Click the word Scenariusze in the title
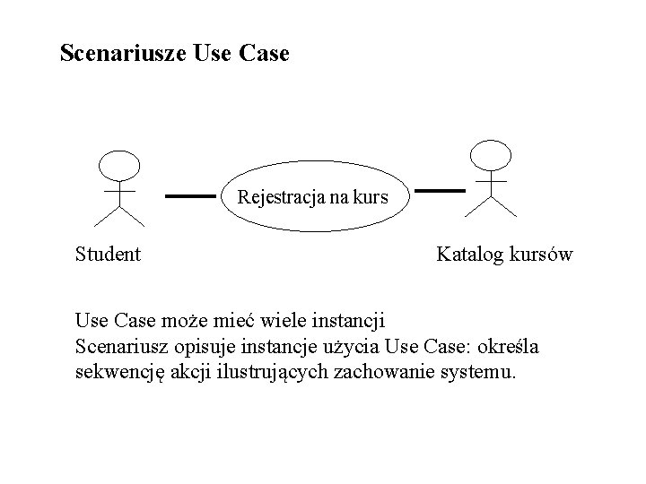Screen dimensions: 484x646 (122, 54)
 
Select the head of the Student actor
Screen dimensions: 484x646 (119, 165)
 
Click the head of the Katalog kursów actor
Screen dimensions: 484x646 (491, 155)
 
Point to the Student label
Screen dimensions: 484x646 (109, 255)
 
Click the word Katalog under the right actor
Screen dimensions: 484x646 (469, 255)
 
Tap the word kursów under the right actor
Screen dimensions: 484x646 (539, 255)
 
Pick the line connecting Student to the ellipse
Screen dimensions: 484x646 (191, 194)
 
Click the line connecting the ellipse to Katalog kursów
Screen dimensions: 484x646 (441, 191)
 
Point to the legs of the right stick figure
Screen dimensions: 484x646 (491, 205)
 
